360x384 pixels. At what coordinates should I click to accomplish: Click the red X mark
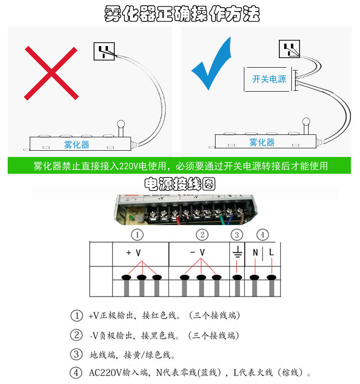tap(51, 73)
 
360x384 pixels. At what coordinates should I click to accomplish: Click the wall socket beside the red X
tap(104, 51)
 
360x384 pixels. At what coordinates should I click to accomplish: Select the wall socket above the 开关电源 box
tap(289, 49)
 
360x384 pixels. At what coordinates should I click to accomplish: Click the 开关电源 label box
tap(269, 79)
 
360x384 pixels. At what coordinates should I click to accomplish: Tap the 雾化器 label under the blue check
tap(262, 143)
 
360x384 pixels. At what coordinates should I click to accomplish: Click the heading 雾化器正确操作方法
tap(182, 14)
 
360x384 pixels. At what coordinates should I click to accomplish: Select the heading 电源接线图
tap(180, 184)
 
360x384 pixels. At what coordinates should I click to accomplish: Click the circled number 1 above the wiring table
tap(138, 235)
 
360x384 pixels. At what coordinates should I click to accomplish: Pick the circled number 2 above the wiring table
tap(202, 235)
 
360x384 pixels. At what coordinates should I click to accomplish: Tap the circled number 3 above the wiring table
tap(237, 235)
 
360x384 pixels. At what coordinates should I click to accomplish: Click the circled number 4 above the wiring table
tap(263, 235)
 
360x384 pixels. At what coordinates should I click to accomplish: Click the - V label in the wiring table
tap(197, 252)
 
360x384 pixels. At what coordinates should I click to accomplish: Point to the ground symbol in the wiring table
tap(237, 253)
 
